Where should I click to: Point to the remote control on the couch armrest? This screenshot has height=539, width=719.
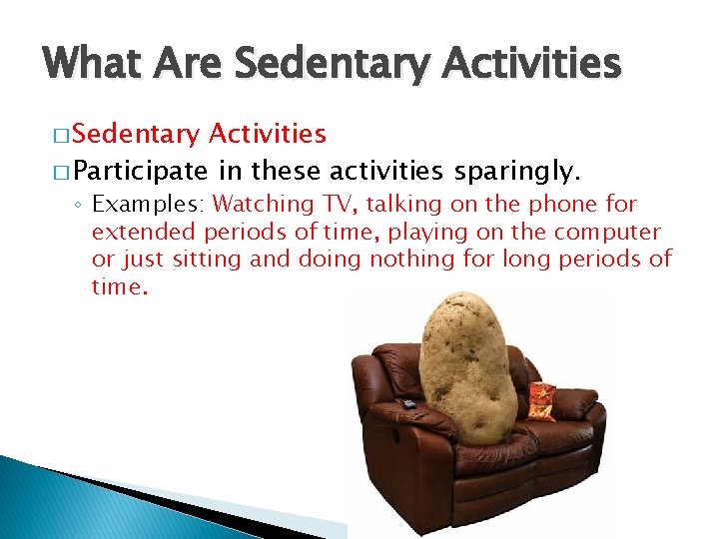point(408,403)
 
